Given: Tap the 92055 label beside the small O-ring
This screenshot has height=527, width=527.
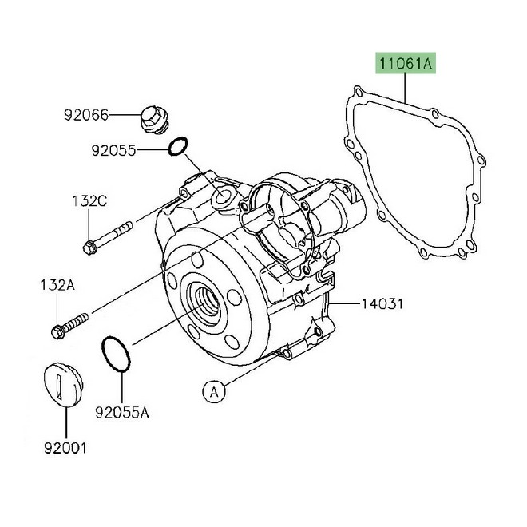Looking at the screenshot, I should point(113,149).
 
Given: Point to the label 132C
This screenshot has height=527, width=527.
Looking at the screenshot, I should point(91,200).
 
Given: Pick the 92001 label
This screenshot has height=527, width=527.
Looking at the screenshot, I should point(64,449).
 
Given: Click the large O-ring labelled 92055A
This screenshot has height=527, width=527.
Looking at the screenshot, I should point(117,355).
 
